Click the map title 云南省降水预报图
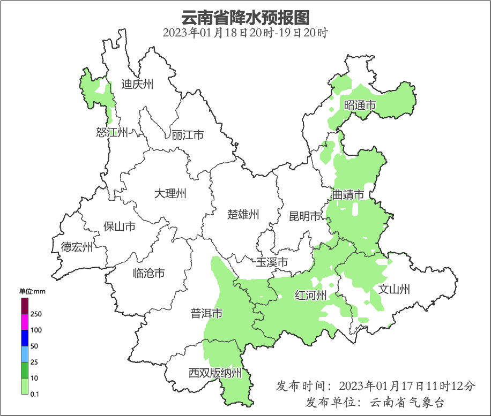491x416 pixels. coord(245,17)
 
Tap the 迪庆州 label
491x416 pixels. coord(137,84)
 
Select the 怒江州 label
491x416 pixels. coord(112,132)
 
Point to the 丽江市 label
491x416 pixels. coord(188,135)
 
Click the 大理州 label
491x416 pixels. coord(170,193)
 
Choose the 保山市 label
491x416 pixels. coord(119,226)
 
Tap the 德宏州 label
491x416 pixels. coord(77,247)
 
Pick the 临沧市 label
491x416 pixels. coord(148,274)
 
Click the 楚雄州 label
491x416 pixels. coord(243,215)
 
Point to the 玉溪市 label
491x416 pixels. coord(272,262)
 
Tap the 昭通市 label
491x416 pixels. coord(360,105)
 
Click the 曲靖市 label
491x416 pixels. coord(348,194)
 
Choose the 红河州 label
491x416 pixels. coord(311,295)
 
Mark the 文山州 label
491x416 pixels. coord(394,290)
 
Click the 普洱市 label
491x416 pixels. coord(206,314)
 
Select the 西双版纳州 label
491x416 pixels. coord(215,373)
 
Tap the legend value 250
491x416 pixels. coord(36,314)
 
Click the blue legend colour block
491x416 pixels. coord(25,338)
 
